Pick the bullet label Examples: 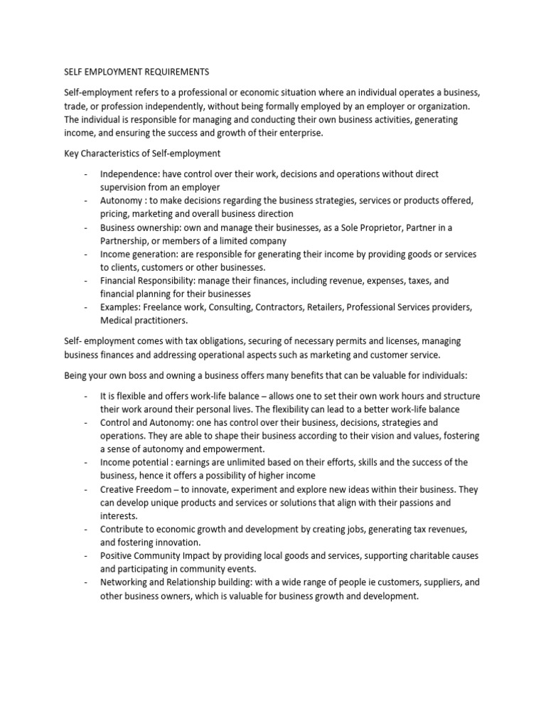tap(120, 308)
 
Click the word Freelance tap(163, 308)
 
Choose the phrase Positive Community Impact tap(157, 556)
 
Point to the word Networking tap(124, 583)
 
